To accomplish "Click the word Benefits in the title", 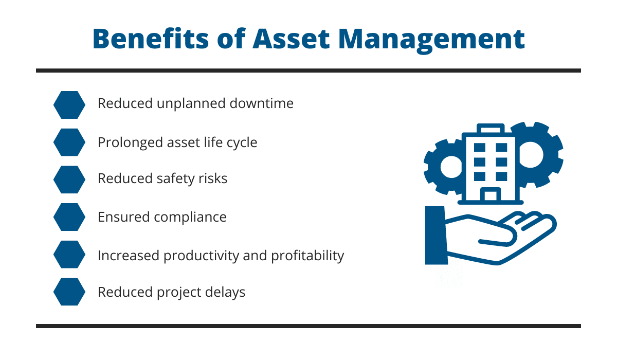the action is point(151,39).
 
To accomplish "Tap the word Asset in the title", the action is point(291,39).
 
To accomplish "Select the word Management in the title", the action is point(431,41).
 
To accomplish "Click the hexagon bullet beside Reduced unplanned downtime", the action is point(69,105).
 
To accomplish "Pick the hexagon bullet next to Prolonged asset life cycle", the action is point(69,142).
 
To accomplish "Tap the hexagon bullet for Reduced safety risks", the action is point(69,179).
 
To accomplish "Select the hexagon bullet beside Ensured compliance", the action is point(69,217).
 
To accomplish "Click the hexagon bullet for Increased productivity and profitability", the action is point(69,255).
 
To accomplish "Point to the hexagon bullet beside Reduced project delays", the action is point(69,292).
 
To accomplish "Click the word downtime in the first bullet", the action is point(261,103).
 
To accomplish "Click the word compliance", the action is point(190,218).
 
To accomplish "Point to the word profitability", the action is point(307,256).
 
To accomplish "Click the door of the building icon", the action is point(491,194).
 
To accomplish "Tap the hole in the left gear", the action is point(451,167).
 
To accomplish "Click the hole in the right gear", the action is point(531,155).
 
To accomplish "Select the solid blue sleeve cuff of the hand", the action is point(436,236).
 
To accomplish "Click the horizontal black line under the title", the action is point(308,71).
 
